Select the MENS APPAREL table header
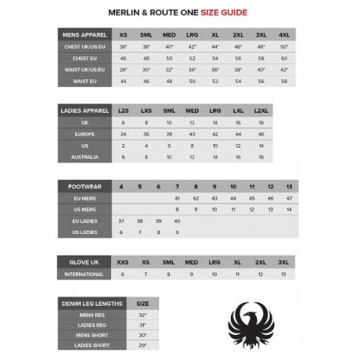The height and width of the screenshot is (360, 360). pyautogui.click(x=84, y=35)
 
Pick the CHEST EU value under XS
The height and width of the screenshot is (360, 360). pyautogui.click(x=123, y=58)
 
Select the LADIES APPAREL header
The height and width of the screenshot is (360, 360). pyautogui.click(x=84, y=111)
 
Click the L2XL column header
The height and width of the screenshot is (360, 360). pyautogui.click(x=261, y=111)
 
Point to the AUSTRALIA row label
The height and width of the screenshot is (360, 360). pyautogui.click(x=84, y=157)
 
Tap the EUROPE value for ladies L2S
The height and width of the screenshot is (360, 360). pyautogui.click(x=123, y=134)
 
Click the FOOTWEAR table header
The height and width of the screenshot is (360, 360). pyautogui.click(x=84, y=186)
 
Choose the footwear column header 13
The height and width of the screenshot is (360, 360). pyautogui.click(x=289, y=186)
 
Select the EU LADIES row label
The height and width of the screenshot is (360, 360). pyautogui.click(x=84, y=221)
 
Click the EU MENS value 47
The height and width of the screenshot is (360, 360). pyautogui.click(x=289, y=198)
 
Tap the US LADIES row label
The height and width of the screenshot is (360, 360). pyautogui.click(x=84, y=233)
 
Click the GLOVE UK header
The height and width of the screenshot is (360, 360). pyautogui.click(x=84, y=263)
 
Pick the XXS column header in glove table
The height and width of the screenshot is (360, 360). pyautogui.click(x=123, y=263)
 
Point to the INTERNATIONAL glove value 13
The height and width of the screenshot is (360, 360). pyautogui.click(x=283, y=274)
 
